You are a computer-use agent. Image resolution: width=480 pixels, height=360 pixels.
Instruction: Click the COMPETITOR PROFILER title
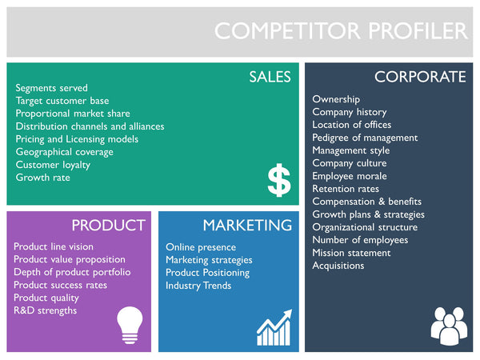tap(341, 31)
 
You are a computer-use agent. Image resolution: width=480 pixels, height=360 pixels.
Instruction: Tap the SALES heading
tap(270, 77)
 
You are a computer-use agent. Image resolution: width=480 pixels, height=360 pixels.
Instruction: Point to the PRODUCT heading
tap(108, 225)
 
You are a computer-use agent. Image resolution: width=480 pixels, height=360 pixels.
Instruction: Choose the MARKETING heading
tap(246, 225)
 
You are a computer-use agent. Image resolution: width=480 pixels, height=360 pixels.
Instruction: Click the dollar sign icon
tap(278, 182)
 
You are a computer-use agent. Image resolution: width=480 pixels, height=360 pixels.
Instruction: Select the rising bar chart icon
tap(274, 329)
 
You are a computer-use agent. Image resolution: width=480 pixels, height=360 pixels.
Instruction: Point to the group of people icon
tap(447, 325)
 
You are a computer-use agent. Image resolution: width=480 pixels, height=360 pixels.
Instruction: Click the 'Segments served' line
tap(52, 88)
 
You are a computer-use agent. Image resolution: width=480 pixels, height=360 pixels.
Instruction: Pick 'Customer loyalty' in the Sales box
tap(53, 165)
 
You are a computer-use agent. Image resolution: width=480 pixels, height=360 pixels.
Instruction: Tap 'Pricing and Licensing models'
tap(77, 139)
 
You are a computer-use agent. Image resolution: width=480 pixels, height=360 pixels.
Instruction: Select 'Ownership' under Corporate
tap(336, 99)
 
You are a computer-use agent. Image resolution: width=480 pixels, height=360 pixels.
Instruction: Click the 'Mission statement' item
tap(351, 253)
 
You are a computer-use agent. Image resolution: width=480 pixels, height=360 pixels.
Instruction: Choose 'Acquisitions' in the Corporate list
tap(338, 266)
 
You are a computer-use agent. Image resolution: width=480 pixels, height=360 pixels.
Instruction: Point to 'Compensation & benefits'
tap(366, 202)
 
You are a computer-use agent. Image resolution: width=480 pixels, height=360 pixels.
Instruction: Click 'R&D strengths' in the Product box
tap(46, 310)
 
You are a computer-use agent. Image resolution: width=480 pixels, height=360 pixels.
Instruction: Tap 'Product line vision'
tap(54, 246)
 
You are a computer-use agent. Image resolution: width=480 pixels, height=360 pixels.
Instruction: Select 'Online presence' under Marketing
tap(201, 247)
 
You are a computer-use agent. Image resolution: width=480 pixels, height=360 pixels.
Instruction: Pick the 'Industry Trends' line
tap(198, 286)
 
